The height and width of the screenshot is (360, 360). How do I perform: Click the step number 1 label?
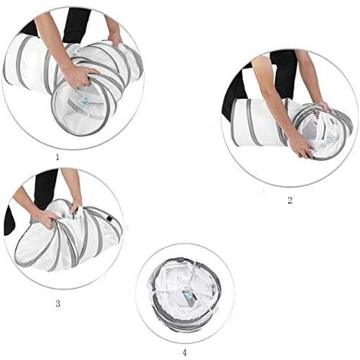point(57,157)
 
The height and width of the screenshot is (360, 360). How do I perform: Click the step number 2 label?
point(290,200)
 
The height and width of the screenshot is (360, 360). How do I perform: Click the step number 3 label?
point(57,304)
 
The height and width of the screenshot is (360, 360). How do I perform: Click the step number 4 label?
point(185,352)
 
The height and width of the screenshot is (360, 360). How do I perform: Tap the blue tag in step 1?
point(83,101)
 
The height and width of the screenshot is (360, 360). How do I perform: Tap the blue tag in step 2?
point(330,139)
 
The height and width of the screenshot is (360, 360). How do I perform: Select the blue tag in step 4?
point(189,297)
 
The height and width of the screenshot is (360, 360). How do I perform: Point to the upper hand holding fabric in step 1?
point(115,38)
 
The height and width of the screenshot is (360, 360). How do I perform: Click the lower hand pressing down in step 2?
point(301,146)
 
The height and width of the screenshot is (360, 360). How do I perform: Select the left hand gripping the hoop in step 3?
point(47,219)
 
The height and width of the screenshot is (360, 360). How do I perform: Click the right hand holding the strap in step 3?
point(76,208)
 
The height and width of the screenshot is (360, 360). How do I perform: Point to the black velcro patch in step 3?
point(110,219)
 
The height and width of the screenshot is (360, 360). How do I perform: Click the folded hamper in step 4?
point(185,293)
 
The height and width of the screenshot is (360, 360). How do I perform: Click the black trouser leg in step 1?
point(76,25)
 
